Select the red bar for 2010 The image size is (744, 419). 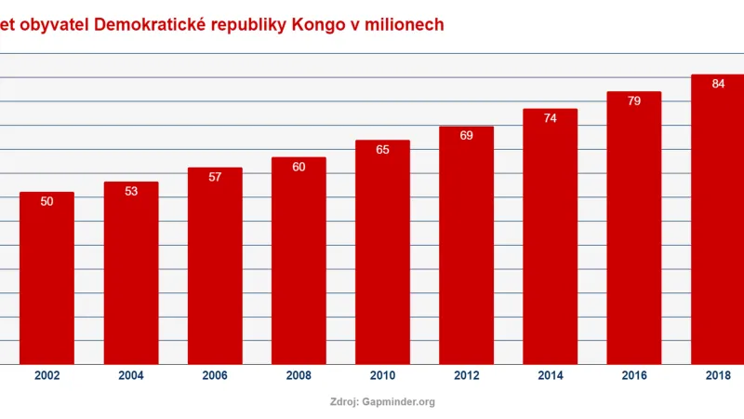pos(382,251)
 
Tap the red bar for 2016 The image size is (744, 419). pos(633,227)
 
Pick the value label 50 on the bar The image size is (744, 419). pos(46,201)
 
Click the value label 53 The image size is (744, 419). pos(131,191)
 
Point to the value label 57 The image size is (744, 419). pos(215,177)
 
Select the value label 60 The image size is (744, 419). pos(299,167)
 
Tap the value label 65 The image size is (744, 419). pos(382,149)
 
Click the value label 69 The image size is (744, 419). pos(466,136)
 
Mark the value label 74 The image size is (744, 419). pos(550,118)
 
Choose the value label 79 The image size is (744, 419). pos(633,101)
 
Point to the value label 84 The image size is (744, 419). pos(718,84)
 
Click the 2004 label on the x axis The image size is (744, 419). pos(131,376)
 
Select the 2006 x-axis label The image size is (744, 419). pos(215,376)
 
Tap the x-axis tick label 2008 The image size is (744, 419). pos(299,376)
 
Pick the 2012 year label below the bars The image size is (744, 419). pos(466,376)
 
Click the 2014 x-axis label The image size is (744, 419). pos(550,376)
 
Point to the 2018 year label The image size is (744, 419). pos(718,376)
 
